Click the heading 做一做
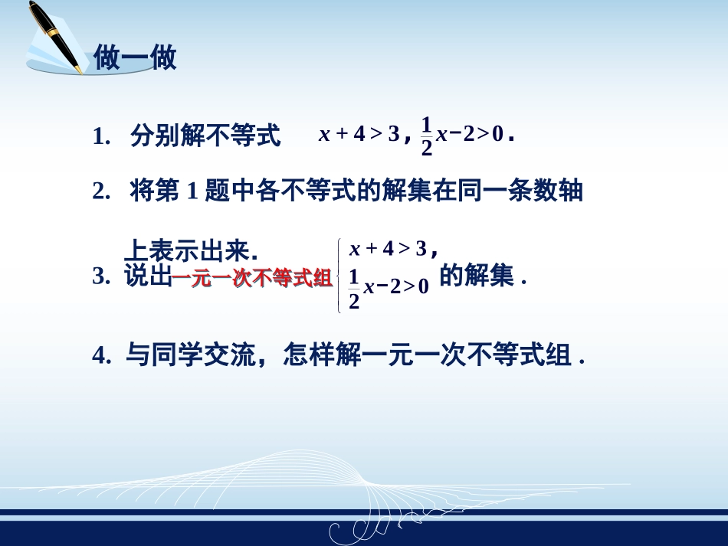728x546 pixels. (x=135, y=58)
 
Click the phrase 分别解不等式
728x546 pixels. (x=205, y=136)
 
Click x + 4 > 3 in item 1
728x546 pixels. (x=359, y=135)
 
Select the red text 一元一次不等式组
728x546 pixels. (x=251, y=279)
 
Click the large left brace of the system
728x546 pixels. (x=339, y=276)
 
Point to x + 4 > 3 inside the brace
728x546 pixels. (x=388, y=248)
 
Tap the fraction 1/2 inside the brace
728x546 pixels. (x=354, y=288)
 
